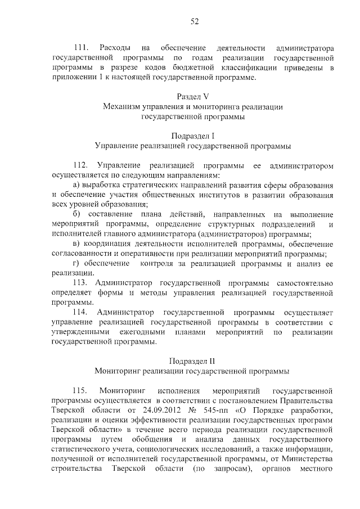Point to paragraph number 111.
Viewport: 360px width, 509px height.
[80, 48]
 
